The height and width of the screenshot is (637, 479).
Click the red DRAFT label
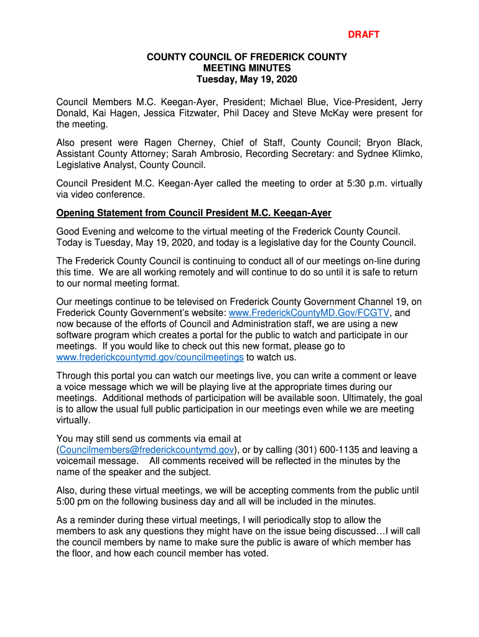[363, 35]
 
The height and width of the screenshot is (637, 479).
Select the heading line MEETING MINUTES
[247, 68]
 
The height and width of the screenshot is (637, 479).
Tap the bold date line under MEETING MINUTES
[247, 80]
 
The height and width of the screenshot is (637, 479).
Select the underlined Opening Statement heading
[193, 213]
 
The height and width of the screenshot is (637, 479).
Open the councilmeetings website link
[150, 358]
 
